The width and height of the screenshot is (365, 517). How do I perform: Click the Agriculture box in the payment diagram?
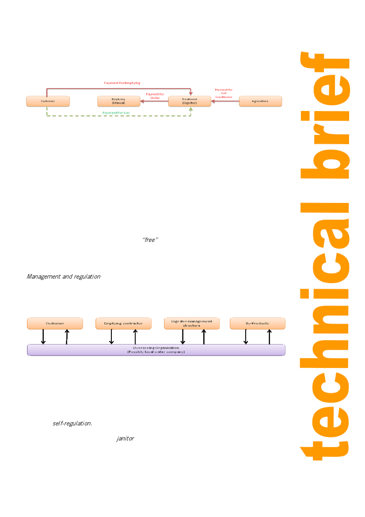tap(260, 101)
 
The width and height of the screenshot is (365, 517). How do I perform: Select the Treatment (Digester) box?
tap(190, 101)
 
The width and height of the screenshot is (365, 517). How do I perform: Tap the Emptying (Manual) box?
tap(118, 101)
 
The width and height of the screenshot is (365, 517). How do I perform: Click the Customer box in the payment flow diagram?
tap(48, 101)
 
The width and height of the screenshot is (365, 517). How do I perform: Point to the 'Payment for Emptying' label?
tap(122, 83)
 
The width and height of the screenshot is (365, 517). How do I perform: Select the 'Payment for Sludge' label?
tap(155, 96)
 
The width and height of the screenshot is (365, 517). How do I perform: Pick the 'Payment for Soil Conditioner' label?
tap(224, 93)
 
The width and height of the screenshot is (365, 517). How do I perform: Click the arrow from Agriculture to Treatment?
tap(225, 101)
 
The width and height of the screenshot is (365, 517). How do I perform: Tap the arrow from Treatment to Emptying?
tap(154, 101)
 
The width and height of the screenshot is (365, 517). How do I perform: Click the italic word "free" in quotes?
tap(150, 240)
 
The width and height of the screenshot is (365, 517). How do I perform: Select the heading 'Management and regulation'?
tap(64, 277)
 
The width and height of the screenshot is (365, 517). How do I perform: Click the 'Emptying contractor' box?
tap(123, 324)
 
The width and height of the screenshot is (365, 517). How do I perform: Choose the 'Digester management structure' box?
tap(191, 324)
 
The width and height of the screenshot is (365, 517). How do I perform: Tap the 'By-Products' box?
tap(257, 324)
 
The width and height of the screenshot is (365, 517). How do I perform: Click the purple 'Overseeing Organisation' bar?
tap(156, 350)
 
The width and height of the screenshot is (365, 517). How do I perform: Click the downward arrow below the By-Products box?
tap(246, 337)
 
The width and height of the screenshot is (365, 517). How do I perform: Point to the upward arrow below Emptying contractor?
tap(135, 337)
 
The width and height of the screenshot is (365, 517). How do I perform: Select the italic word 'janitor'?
tap(125, 439)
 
